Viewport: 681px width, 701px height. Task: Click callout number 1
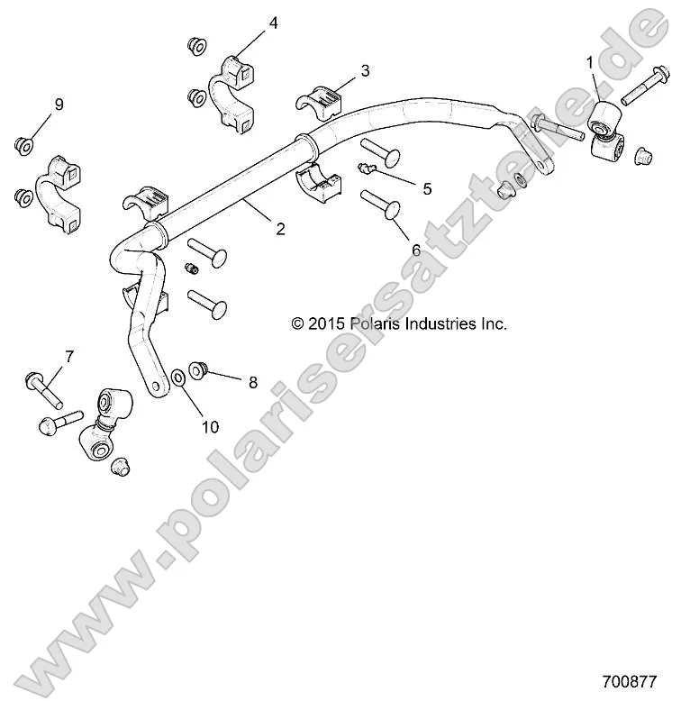click(590, 62)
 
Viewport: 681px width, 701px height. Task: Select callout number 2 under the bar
click(280, 229)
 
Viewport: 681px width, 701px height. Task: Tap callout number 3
click(365, 69)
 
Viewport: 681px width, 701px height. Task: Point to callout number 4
click(273, 23)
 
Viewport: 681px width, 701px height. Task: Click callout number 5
click(427, 188)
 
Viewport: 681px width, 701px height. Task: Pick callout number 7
click(68, 357)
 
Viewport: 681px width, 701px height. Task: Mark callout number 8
click(252, 382)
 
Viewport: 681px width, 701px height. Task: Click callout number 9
click(59, 105)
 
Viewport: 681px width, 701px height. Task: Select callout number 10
click(210, 427)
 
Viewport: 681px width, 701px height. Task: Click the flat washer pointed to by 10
click(178, 375)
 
